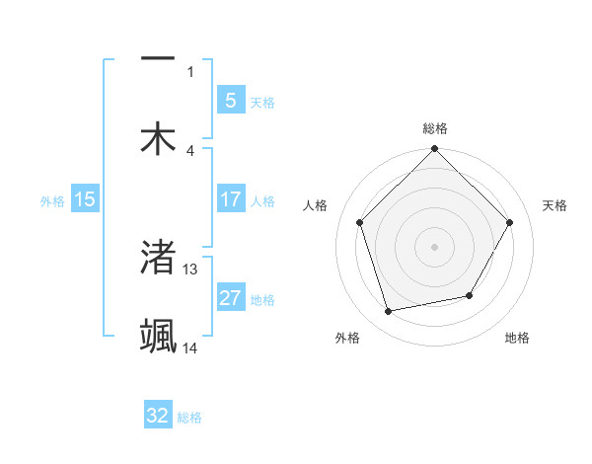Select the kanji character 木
click(x=158, y=138)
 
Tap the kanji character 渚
click(x=158, y=257)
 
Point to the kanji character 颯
click(x=158, y=337)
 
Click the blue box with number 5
click(x=230, y=100)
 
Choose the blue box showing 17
click(x=230, y=199)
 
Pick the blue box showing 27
click(x=230, y=298)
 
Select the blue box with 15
click(x=85, y=199)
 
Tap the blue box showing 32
click(x=158, y=416)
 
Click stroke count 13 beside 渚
click(x=190, y=269)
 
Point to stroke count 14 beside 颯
click(x=190, y=348)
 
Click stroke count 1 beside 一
click(x=190, y=71)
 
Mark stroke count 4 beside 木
click(x=190, y=150)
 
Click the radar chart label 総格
click(x=435, y=128)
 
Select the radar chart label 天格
click(x=555, y=205)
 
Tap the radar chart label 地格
click(x=517, y=338)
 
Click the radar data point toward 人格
click(x=360, y=222)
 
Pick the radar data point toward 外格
click(x=389, y=312)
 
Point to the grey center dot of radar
click(x=435, y=247)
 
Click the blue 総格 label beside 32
click(x=189, y=418)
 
